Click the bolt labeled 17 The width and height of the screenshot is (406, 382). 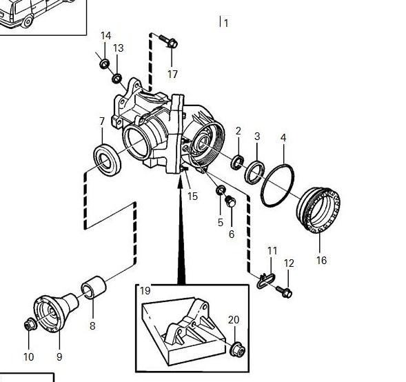(169, 41)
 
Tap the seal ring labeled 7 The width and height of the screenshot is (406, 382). (107, 160)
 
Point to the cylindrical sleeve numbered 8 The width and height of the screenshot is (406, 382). (94, 288)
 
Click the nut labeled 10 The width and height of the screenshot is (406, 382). (30, 325)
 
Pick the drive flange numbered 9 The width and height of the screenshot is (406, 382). (56, 312)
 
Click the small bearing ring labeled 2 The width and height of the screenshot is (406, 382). (237, 162)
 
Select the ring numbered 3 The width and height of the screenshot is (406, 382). (254, 172)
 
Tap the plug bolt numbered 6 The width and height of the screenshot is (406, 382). (230, 201)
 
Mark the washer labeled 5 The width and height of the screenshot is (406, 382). (221, 190)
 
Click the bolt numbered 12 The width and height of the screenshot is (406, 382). (284, 292)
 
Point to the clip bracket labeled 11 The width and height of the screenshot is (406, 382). (265, 281)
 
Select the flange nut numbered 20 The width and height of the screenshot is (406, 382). (237, 349)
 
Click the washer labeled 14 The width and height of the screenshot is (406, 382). (105, 63)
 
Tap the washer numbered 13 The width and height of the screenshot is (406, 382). (117, 78)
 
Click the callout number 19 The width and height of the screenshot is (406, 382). (145, 290)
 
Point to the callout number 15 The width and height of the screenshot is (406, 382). (192, 197)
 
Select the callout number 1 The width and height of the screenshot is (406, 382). (226, 23)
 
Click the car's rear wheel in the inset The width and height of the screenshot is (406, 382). (27, 21)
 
